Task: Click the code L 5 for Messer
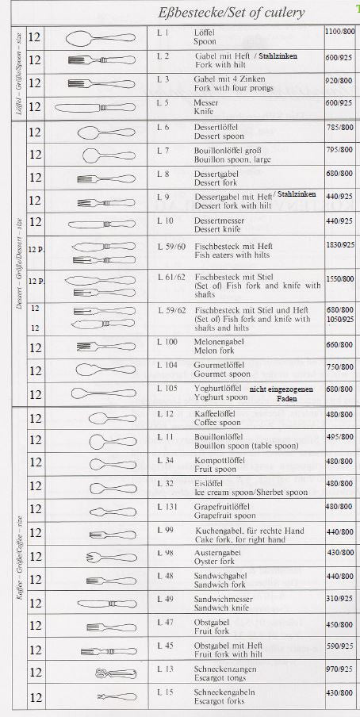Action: click(163, 103)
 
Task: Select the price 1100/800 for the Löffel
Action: click(339, 31)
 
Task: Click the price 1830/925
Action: click(339, 246)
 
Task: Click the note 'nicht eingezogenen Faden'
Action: click(281, 393)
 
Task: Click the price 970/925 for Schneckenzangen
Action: click(339, 669)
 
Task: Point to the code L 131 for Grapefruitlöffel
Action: click(167, 506)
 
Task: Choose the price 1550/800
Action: click(339, 280)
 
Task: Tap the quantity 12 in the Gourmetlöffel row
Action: click(36, 370)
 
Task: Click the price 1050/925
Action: click(339, 319)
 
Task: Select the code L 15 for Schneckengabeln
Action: click(165, 693)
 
